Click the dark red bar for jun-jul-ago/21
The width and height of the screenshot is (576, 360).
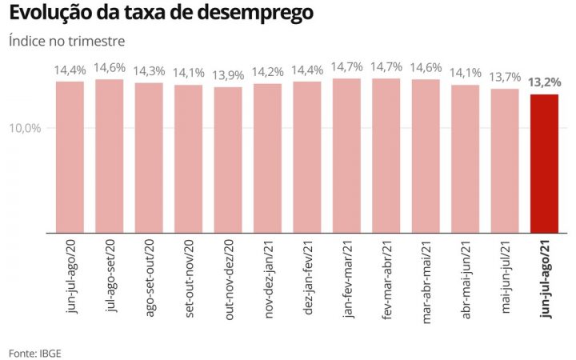pos(544,163)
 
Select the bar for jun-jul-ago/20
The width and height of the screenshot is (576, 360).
pos(70,157)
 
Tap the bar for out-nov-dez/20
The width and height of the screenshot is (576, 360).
pos(228,160)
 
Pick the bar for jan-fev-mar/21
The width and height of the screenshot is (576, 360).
pos(346,155)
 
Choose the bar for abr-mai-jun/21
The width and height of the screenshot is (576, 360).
pos(465,158)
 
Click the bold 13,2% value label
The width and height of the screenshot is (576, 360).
pos(544,82)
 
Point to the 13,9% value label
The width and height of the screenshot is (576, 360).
pos(228,74)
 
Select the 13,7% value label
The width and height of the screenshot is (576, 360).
pos(505,76)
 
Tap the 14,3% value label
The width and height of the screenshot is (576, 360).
pos(149,70)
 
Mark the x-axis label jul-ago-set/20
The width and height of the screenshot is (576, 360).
pos(110,276)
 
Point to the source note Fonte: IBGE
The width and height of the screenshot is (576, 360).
pos(34,352)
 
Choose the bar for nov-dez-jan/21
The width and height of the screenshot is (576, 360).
pos(267,158)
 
